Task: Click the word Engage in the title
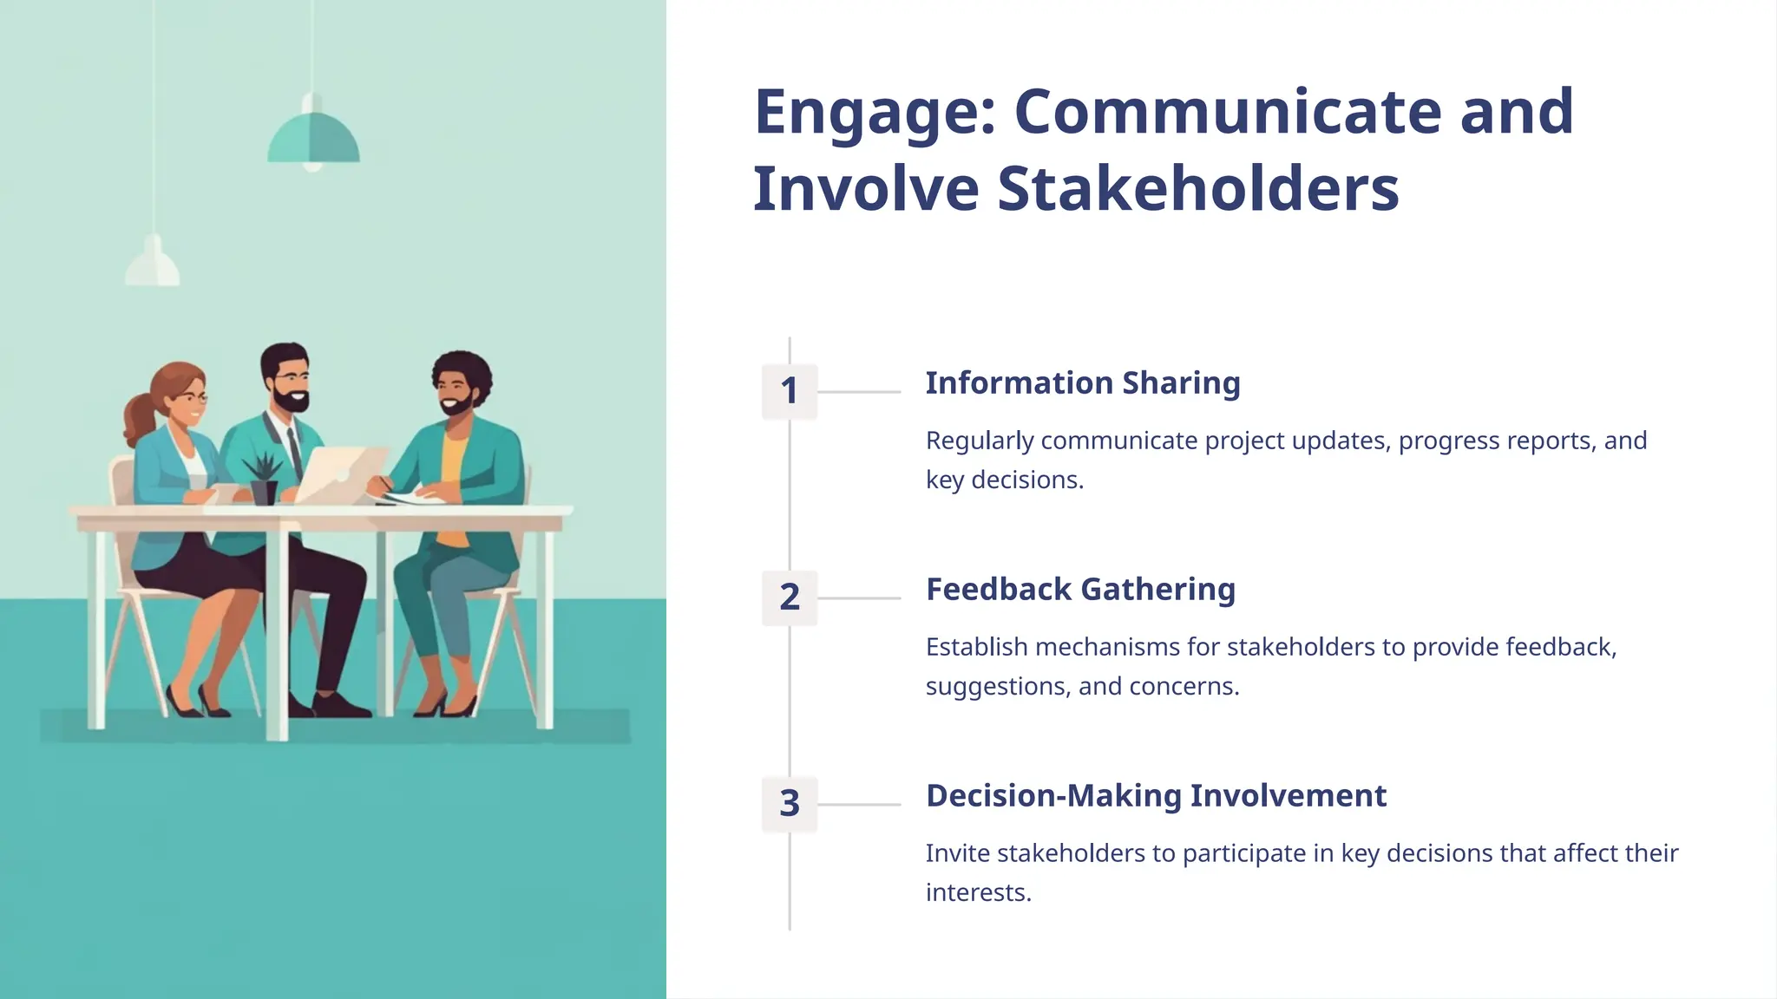pyautogui.click(x=875, y=113)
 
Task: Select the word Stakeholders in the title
pyautogui.click(x=1197, y=189)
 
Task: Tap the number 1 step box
pyautogui.click(x=790, y=391)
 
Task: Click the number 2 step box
pyautogui.click(x=790, y=597)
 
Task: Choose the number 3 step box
pyautogui.click(x=790, y=804)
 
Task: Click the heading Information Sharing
pyautogui.click(x=1083, y=383)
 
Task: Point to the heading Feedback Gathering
pyautogui.click(x=1080, y=590)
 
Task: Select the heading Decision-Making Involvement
pyautogui.click(x=1156, y=796)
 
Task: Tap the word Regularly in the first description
pyautogui.click(x=980, y=441)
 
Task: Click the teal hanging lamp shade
pyautogui.click(x=313, y=139)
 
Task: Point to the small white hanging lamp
pyautogui.click(x=154, y=264)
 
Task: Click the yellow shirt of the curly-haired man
pyautogui.click(x=453, y=486)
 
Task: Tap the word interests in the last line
pyautogui.click(x=977, y=893)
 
